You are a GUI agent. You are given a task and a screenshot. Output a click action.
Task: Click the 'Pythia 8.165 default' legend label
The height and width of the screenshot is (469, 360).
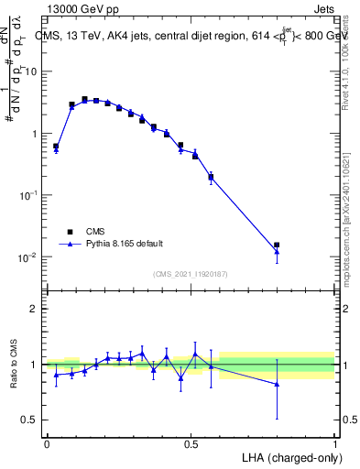pyautogui.click(x=125, y=244)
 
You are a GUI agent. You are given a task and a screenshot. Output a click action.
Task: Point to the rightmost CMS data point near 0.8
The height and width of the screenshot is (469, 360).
pyautogui.click(x=277, y=245)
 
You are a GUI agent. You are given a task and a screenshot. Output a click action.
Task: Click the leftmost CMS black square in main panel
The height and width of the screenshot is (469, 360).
pyautogui.click(x=56, y=147)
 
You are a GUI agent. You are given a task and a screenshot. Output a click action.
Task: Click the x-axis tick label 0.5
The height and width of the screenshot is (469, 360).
pyautogui.click(x=191, y=443)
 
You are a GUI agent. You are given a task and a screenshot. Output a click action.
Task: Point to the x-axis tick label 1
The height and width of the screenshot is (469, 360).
pyautogui.click(x=335, y=443)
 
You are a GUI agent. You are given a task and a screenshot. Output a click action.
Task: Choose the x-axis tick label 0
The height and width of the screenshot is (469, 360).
pyautogui.click(x=47, y=443)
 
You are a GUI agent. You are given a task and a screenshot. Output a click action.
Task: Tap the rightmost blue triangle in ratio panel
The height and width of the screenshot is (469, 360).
pyautogui.click(x=277, y=384)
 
